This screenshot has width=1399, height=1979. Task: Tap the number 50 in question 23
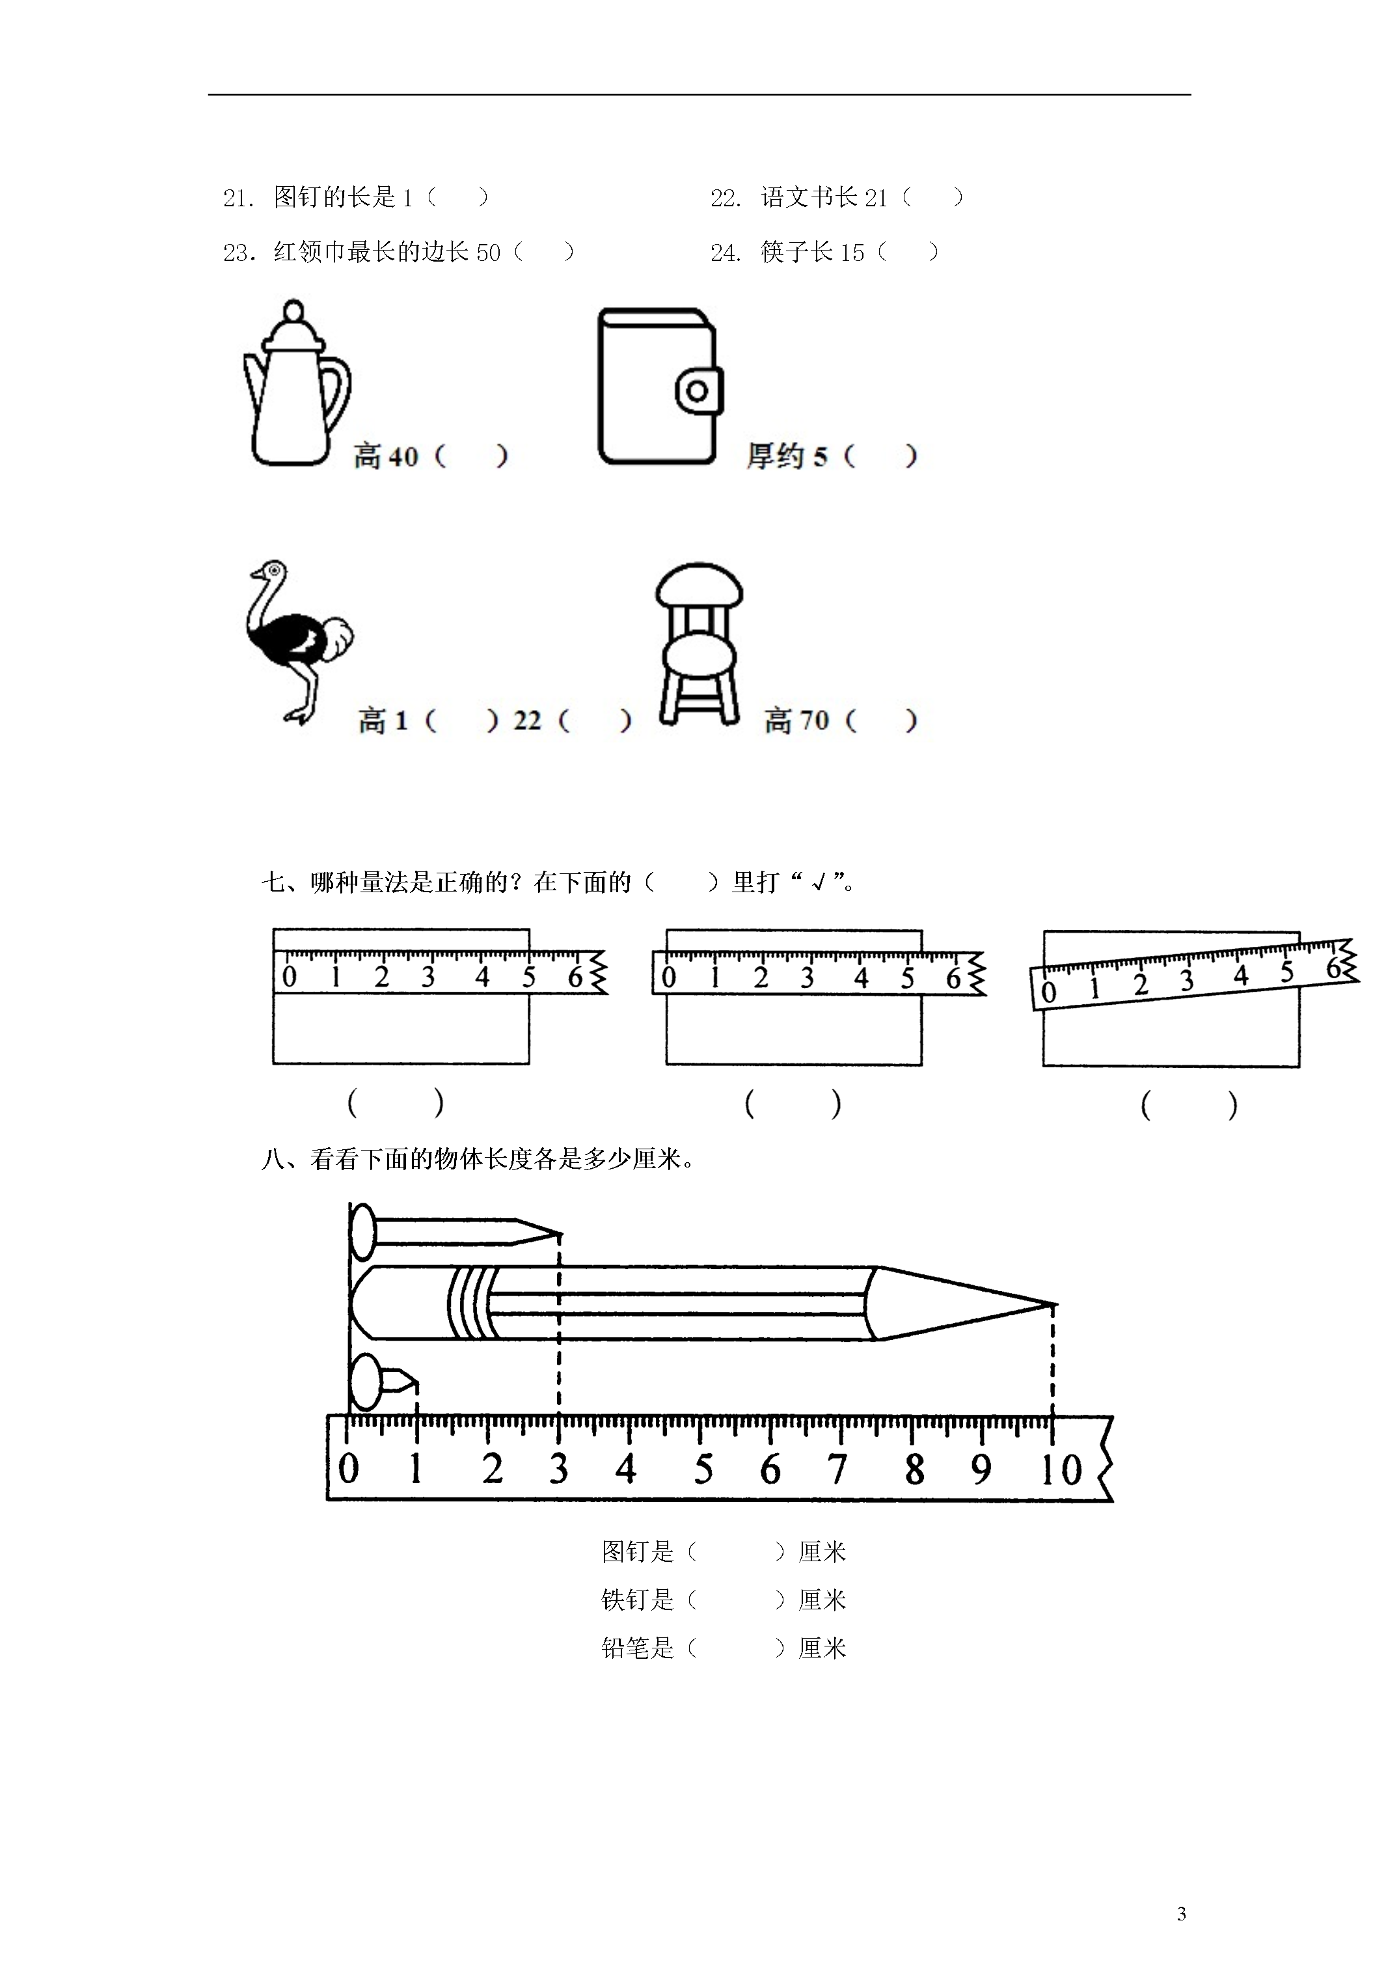[488, 252]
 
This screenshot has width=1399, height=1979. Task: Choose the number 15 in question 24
[852, 252]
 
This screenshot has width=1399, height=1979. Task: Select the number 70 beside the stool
[814, 720]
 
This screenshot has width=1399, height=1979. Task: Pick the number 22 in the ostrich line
[526, 720]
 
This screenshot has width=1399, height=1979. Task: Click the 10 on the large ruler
[1060, 1469]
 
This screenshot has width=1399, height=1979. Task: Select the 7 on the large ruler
[837, 1469]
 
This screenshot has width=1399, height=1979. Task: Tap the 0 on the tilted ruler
[1048, 992]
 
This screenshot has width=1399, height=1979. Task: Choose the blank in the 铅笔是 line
[736, 1648]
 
